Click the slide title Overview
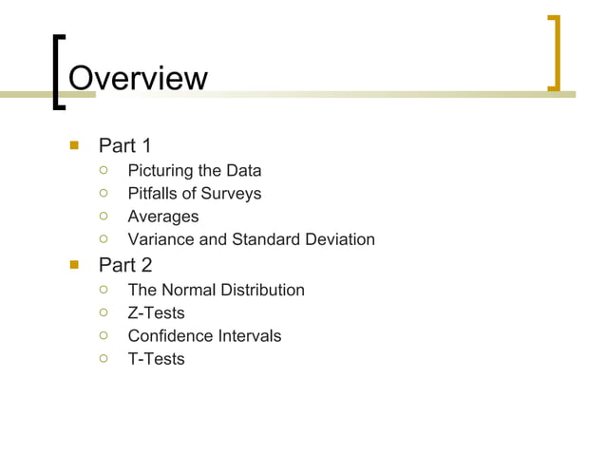[138, 77]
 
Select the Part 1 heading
[125, 145]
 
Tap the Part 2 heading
[125, 265]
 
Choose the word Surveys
[232, 194]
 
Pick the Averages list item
[163, 217]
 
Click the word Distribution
[262, 290]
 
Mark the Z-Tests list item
[156, 312]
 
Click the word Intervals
[249, 335]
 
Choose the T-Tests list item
[156, 359]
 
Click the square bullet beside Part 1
[73, 146]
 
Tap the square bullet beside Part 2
[73, 265]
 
